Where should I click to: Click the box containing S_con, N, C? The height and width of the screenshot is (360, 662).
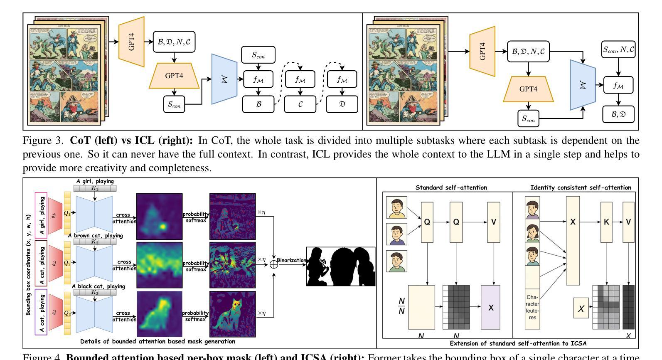click(619, 50)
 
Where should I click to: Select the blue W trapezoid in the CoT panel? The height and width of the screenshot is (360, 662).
click(224, 79)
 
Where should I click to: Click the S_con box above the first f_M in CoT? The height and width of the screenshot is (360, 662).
click(258, 55)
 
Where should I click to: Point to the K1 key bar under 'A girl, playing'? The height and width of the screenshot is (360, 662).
click(95, 188)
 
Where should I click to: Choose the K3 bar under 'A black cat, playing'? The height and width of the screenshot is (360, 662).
click(95, 292)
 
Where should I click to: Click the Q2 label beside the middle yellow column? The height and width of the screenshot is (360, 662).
click(67, 263)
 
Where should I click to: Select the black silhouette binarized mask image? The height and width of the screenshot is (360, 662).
click(341, 266)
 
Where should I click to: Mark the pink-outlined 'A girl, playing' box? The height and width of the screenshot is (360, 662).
click(41, 215)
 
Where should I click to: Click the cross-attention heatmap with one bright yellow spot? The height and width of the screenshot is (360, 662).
click(159, 216)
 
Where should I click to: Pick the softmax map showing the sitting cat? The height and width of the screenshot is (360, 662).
click(232, 314)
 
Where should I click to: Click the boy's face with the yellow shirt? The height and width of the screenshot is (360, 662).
click(396, 207)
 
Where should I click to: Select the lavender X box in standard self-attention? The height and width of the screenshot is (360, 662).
click(491, 307)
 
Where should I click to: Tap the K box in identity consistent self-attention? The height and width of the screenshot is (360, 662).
click(606, 222)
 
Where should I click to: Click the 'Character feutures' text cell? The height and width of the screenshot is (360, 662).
click(532, 308)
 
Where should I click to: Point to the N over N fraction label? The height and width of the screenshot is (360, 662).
click(401, 306)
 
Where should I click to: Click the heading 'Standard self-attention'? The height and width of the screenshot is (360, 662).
click(451, 187)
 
